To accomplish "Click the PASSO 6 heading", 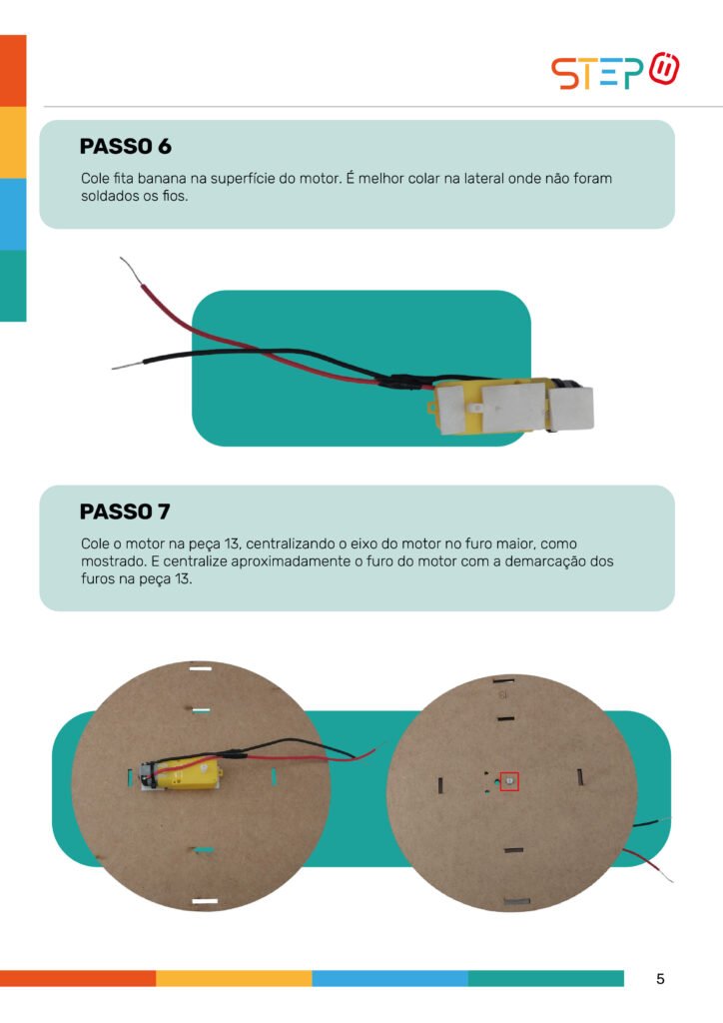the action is point(125,146).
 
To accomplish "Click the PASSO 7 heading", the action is point(125,511).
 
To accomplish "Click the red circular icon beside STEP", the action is point(664,69).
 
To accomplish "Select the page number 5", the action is point(660,979).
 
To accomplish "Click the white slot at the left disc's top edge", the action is point(200,668).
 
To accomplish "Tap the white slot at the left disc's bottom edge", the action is point(205,901).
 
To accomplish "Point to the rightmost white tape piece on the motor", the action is point(572,409).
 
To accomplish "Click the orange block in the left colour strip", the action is point(13,71).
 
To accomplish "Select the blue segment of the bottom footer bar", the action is point(389,978).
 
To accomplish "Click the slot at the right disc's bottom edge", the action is point(517,902).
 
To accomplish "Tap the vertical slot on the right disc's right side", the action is point(579,777).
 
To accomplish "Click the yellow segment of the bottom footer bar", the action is point(234,978).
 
